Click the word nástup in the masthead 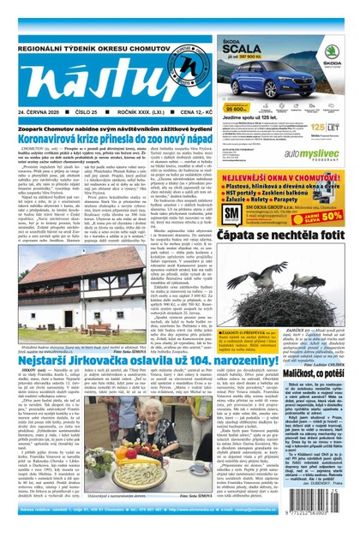(86, 79)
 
